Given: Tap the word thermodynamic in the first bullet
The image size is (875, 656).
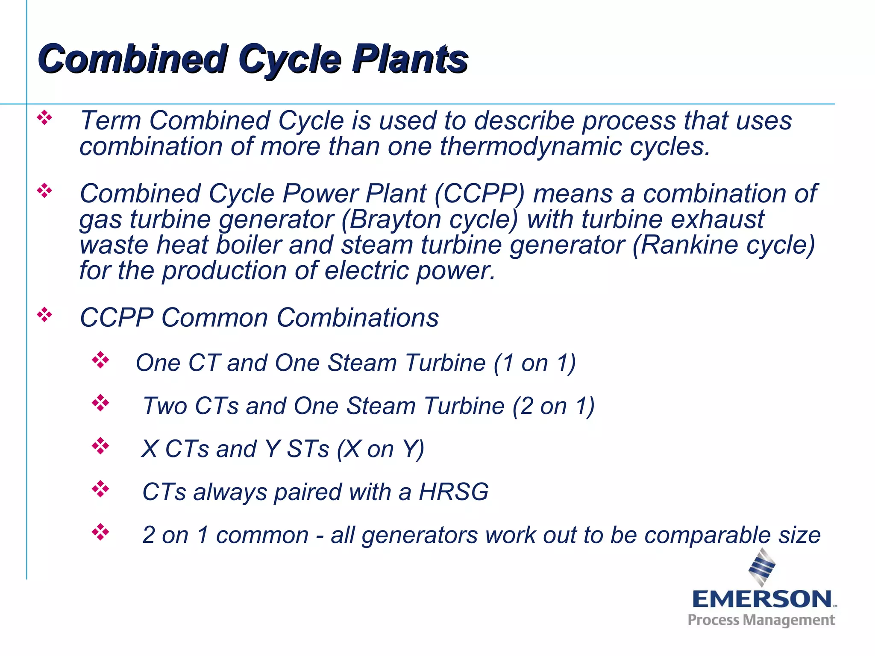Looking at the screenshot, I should (530, 146).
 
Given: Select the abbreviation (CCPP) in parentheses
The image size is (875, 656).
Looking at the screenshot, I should (479, 193).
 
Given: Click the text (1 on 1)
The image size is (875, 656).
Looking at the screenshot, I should (534, 363).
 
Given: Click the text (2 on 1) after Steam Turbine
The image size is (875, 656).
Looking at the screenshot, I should (553, 406).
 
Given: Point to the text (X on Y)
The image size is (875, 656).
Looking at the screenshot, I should (380, 449).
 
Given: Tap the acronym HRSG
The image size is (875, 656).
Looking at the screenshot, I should (453, 492).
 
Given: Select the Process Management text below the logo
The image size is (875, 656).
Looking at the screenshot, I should (761, 620).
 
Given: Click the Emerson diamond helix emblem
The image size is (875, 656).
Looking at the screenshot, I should (762, 567).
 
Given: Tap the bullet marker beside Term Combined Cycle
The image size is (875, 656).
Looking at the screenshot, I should (44, 117).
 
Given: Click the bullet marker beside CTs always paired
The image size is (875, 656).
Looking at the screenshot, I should (100, 489).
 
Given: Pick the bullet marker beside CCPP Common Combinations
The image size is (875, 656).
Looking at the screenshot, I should (44, 315).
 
